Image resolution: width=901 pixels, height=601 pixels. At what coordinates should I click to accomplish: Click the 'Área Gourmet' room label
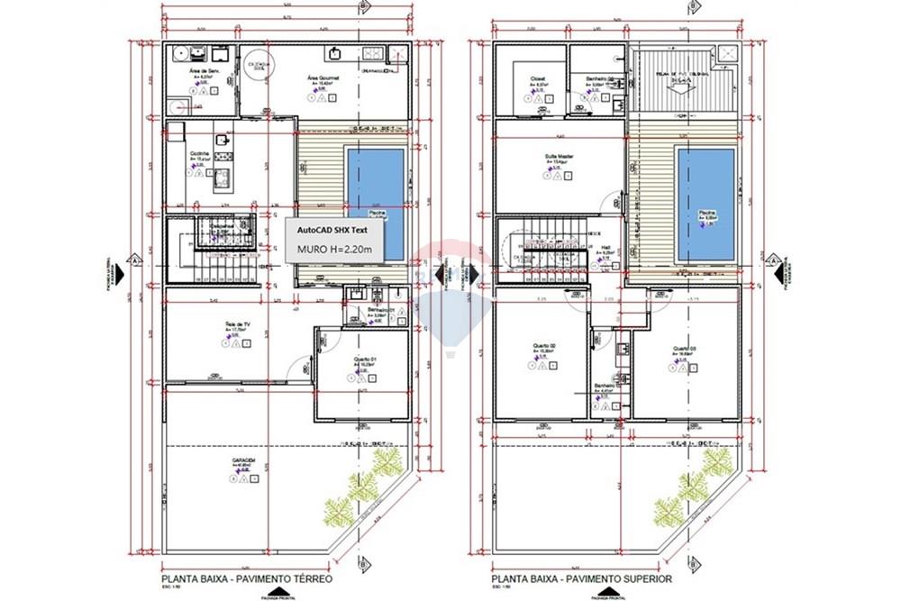pos(323,78)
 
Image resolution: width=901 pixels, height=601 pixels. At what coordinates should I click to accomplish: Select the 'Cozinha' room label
pos(199,153)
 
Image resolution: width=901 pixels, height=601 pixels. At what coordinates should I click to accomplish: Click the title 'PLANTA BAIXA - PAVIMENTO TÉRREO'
pos(246,580)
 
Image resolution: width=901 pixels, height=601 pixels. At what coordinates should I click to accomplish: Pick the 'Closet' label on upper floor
pos(535,78)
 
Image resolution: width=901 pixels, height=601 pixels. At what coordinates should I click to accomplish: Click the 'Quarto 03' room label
pos(684,348)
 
